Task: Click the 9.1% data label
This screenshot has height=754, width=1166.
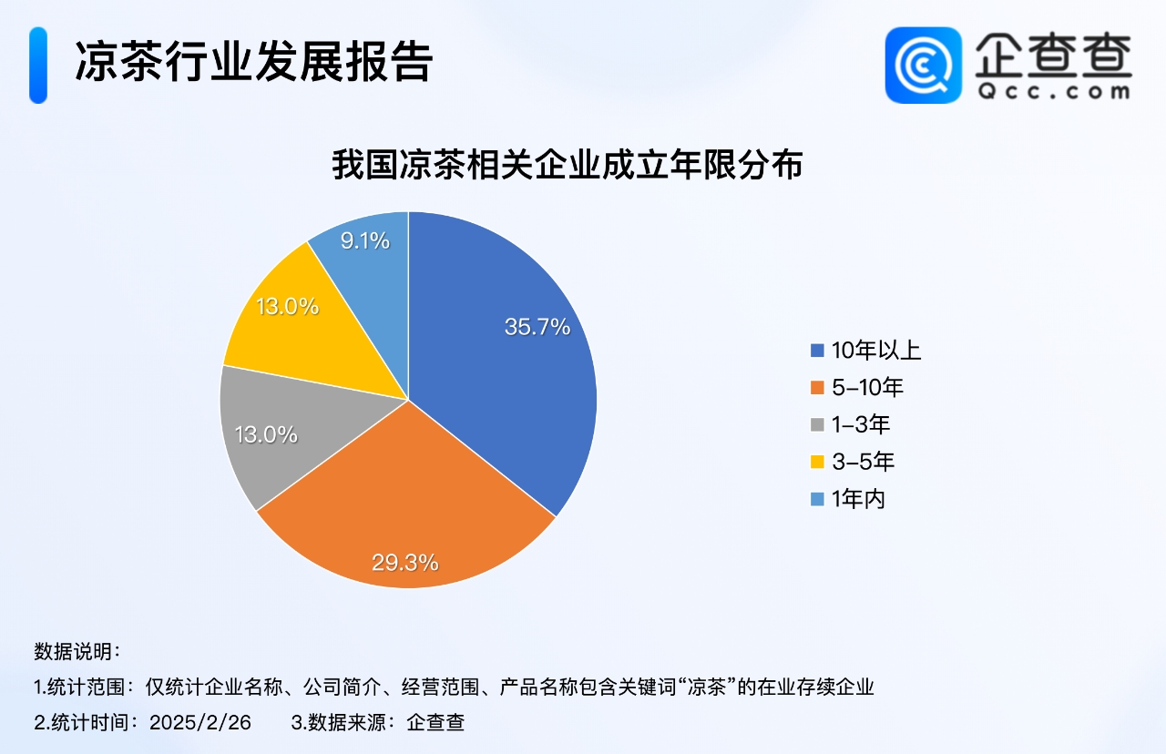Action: pyautogui.click(x=365, y=241)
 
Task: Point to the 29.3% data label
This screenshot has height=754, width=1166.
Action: pyautogui.click(x=405, y=563)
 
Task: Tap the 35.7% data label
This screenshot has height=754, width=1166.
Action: pyautogui.click(x=537, y=327)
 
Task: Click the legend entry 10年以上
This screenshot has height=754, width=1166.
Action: pyautogui.click(x=865, y=351)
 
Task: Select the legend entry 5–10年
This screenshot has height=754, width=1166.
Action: pyautogui.click(x=857, y=388)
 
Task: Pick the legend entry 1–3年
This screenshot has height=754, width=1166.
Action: pyautogui.click(x=851, y=424)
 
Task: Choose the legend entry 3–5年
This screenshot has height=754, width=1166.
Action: pyautogui.click(x=852, y=462)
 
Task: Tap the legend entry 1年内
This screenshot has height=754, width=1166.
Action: pyautogui.click(x=848, y=499)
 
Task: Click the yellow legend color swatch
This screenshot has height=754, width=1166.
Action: pyautogui.click(x=817, y=462)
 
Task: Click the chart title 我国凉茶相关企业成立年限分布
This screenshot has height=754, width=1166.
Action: pyautogui.click(x=568, y=165)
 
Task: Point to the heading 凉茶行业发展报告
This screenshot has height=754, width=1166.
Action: pyautogui.click(x=254, y=63)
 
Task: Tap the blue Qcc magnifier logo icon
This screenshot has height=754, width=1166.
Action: pyautogui.click(x=924, y=65)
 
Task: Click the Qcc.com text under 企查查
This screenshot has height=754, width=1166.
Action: pyautogui.click(x=1054, y=92)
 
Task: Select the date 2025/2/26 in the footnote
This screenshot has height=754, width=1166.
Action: pyautogui.click(x=200, y=722)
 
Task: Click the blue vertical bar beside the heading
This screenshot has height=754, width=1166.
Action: pyautogui.click(x=38, y=65)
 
